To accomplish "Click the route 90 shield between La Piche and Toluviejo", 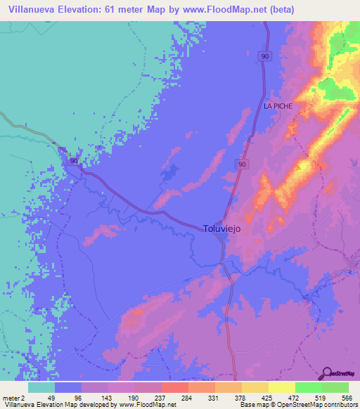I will coord(242,164).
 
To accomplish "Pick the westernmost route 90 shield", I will coord(74,161).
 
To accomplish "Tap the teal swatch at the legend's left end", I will coord(41,387).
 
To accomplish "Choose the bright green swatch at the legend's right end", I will coord(335,387).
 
